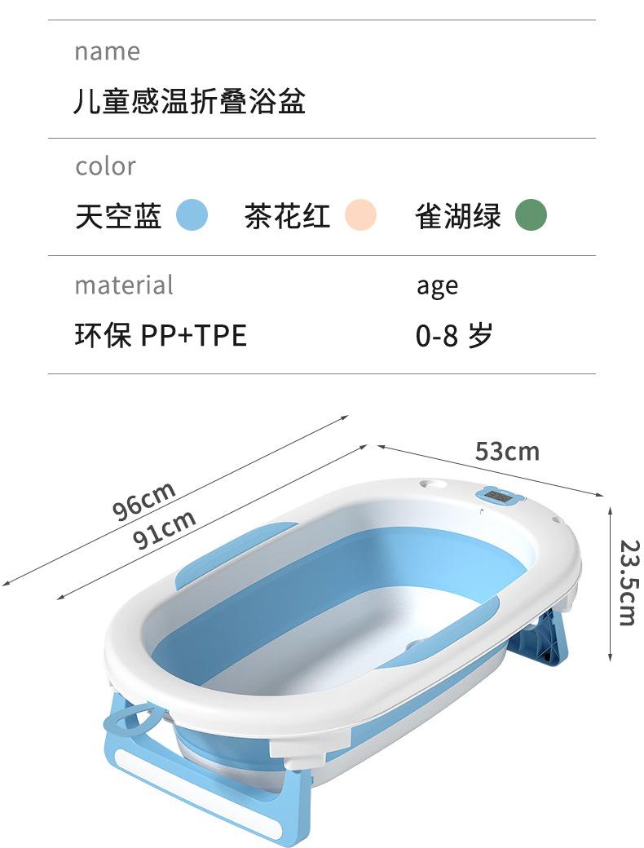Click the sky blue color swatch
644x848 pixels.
pos(192,216)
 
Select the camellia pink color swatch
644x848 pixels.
pos(360,216)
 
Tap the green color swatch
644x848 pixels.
pos(531,216)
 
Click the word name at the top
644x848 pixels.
pos(107,51)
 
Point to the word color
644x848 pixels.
pos(105,166)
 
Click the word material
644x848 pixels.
pos(124,285)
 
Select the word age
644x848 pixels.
pos(437,286)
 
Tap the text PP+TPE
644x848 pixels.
pos(193,335)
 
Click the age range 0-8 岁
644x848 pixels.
pos(454,335)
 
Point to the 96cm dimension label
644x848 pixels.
pos(144,500)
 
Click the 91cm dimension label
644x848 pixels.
pos(165,529)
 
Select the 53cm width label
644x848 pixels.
pos(507,451)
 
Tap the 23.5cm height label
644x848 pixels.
pos(626,582)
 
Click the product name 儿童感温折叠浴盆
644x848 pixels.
pos(190,102)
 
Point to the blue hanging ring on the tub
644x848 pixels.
pos(132,722)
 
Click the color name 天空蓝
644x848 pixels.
pos(118,217)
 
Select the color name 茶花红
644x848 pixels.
pos(287,217)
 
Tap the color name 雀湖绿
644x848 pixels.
pos(458,217)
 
